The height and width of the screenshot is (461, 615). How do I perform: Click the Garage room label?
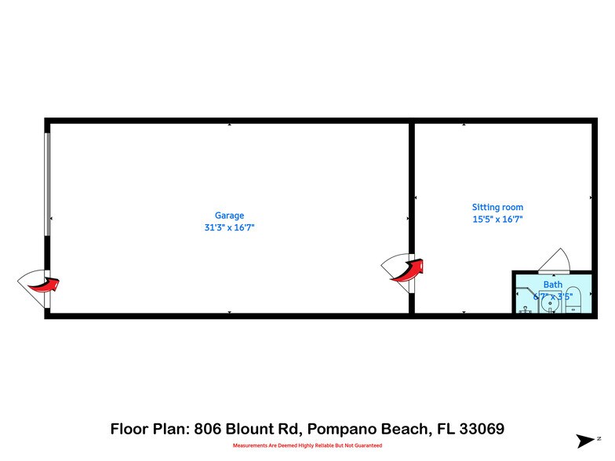(x=230, y=216)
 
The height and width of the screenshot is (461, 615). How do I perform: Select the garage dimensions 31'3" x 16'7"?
(x=230, y=227)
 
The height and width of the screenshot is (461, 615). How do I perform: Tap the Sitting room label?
(x=497, y=208)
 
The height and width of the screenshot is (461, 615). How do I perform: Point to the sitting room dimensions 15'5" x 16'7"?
(x=497, y=220)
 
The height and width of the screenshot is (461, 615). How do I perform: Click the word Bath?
(x=553, y=285)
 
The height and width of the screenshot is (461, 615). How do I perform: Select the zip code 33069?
(x=480, y=429)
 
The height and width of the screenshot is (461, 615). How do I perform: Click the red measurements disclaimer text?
(x=307, y=445)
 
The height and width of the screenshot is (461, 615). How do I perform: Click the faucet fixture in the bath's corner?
(x=524, y=307)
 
